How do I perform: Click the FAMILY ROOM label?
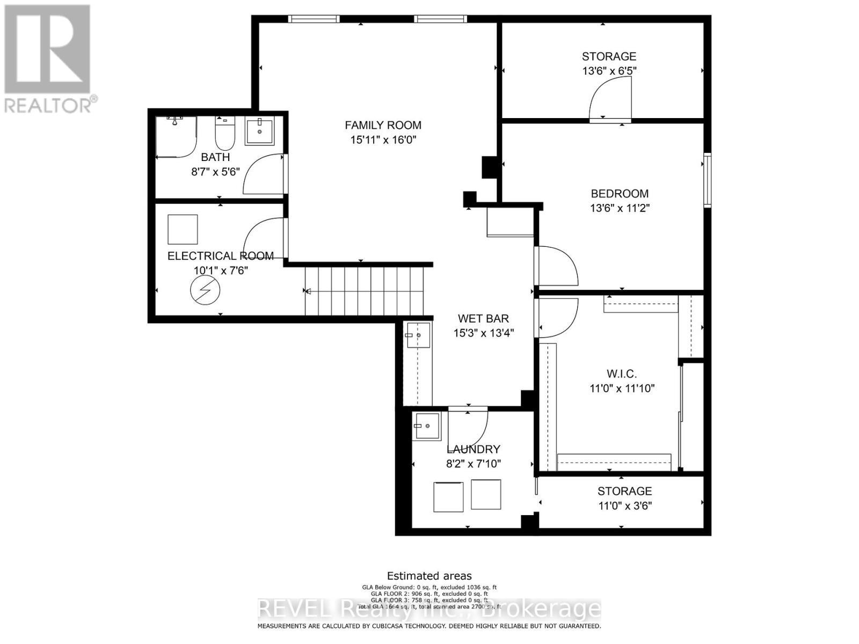point(383,125)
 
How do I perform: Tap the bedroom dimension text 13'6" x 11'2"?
point(620,208)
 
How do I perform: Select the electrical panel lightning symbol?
point(205,290)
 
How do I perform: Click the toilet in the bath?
point(225,134)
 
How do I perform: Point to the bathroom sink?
point(260,131)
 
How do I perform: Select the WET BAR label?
point(483,318)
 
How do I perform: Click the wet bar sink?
point(418,335)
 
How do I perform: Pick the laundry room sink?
point(426,426)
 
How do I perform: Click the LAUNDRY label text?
point(473,449)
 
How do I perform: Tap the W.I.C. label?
point(621,374)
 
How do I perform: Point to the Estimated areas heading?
point(429,576)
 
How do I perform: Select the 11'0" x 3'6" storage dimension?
point(625,506)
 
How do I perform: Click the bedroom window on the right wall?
point(708,180)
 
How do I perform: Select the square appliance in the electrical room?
point(183,230)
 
